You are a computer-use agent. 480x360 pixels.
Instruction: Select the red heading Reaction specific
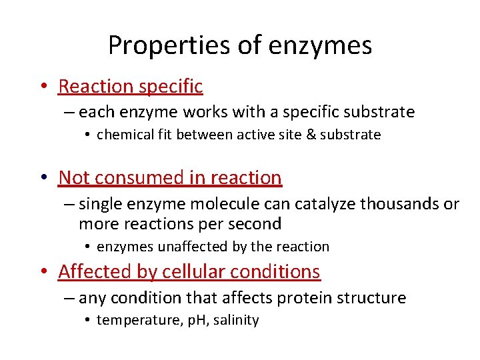[131, 86]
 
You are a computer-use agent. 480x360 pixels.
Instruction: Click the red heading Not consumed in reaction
[170, 177]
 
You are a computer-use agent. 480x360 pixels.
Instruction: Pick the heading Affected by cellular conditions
[189, 271]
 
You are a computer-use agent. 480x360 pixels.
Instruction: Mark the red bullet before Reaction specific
[43, 87]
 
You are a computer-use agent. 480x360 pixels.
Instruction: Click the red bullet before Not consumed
[43, 178]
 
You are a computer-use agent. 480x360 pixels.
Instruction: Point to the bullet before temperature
[88, 321]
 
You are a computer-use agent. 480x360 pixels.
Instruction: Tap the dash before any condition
[69, 298]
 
